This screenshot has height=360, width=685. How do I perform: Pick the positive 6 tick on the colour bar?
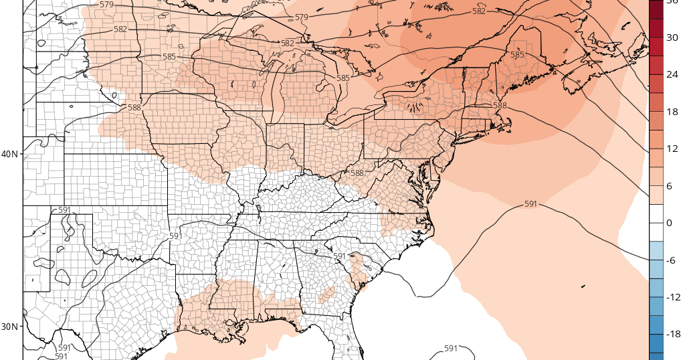674,185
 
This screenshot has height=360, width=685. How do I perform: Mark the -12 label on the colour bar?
672,297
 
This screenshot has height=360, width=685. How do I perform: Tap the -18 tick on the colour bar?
672,334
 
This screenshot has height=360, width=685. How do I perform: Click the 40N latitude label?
10,154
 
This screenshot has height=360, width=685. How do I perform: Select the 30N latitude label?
10,327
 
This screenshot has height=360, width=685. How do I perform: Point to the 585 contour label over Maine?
517,55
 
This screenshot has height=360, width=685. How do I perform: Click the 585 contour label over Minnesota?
169,57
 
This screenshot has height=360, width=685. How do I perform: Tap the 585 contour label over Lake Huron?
342,78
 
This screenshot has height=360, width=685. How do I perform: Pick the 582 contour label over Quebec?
479,11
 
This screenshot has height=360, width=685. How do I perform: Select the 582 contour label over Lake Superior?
288,43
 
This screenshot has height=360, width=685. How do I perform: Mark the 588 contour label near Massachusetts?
500,106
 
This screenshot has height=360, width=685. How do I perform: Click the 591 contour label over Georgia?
339,256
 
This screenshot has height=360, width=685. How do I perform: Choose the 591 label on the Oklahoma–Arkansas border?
175,236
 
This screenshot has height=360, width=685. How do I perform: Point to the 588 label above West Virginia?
357,173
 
